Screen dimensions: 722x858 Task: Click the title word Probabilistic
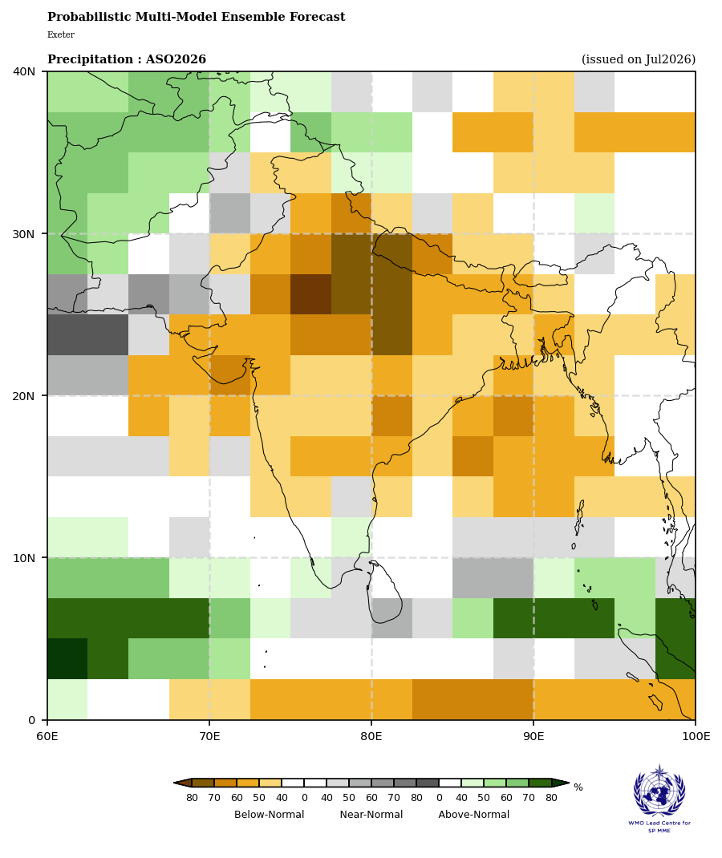click(x=90, y=17)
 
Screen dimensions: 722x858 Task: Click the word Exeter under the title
click(x=61, y=34)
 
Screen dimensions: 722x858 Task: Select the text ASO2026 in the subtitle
click(x=176, y=59)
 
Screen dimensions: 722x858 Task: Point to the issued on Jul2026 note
click(x=639, y=59)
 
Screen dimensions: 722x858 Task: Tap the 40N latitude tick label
click(x=23, y=71)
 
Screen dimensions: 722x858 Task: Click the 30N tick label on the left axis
click(x=23, y=233)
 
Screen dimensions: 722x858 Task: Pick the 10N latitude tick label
click(x=23, y=557)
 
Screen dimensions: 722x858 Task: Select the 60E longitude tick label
click(x=47, y=736)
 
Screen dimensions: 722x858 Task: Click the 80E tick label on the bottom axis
click(x=371, y=736)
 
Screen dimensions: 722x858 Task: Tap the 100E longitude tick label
click(x=696, y=736)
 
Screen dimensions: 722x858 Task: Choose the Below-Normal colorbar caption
click(x=270, y=814)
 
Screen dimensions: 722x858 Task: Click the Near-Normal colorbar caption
click(x=371, y=814)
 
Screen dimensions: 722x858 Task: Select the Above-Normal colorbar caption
click(x=474, y=814)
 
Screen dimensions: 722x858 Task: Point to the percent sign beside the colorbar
click(x=578, y=787)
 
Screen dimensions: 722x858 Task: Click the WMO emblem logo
click(x=659, y=791)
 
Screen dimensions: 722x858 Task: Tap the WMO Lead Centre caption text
click(x=659, y=826)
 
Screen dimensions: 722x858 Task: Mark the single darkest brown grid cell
click(x=310, y=294)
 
